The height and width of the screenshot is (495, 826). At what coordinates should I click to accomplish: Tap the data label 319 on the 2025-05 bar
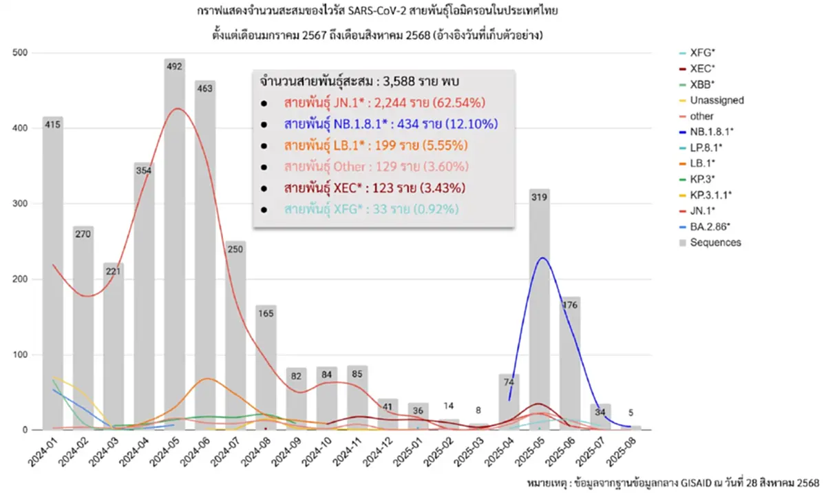point(539,196)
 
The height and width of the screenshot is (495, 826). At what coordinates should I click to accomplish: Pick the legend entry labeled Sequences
point(715,242)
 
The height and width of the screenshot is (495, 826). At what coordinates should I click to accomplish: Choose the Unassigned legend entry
point(717,100)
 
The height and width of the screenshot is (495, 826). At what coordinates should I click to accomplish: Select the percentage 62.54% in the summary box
point(461,103)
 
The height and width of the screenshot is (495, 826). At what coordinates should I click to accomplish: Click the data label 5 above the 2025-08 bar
point(630,413)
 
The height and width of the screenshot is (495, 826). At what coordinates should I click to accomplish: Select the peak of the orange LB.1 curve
point(209,379)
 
